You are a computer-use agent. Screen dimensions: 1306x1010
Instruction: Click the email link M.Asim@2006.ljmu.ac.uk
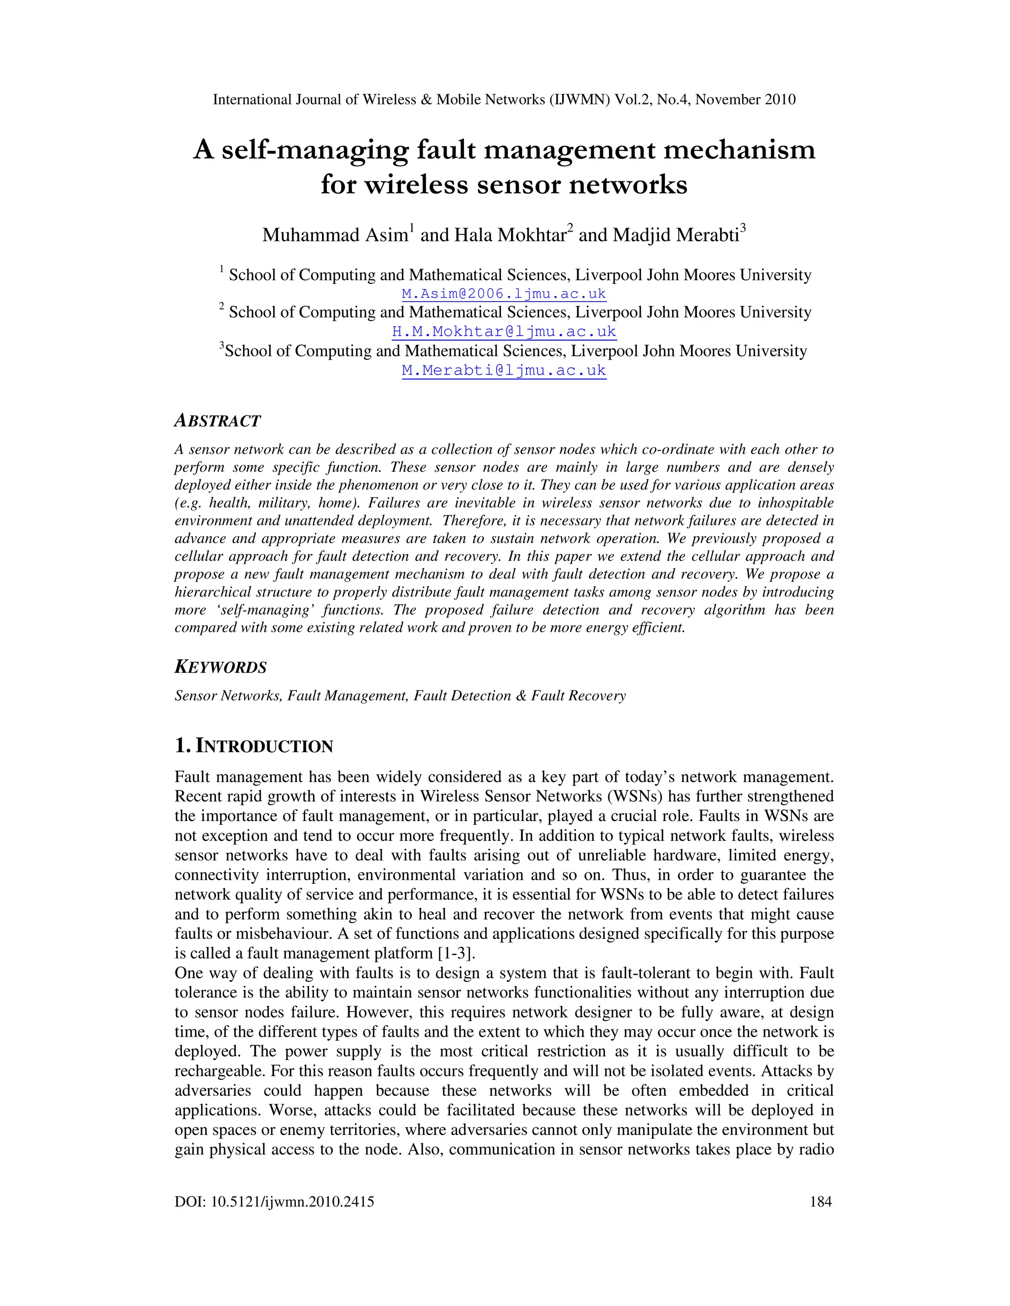[504, 294]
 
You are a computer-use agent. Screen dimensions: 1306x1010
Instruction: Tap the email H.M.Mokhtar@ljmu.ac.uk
[504, 331]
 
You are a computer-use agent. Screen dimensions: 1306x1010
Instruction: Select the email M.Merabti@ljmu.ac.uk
[504, 370]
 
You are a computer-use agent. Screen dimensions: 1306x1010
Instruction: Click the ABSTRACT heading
[217, 421]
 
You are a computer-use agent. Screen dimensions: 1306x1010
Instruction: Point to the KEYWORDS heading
[220, 667]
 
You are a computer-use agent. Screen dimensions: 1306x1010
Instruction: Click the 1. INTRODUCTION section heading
[253, 746]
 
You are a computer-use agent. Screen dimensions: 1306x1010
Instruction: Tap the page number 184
[820, 1202]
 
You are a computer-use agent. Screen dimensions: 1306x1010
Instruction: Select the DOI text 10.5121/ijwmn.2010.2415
[292, 1202]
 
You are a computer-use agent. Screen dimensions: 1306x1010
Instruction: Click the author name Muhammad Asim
[334, 235]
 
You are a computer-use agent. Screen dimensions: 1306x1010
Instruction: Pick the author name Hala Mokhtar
[510, 235]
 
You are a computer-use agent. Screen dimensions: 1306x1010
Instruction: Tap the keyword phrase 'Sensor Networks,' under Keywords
[228, 695]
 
